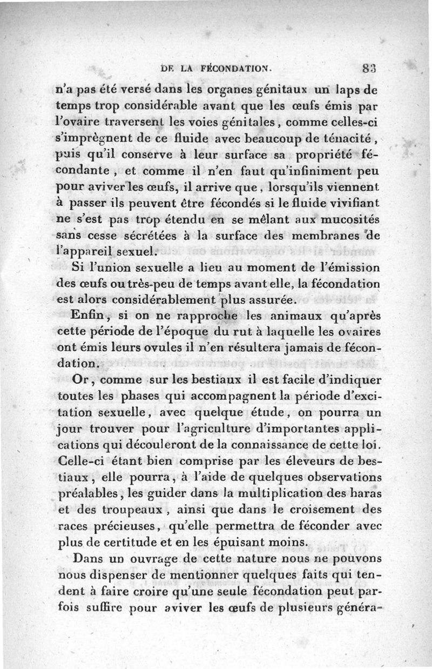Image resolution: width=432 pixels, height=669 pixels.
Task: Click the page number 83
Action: pyautogui.click(x=368, y=69)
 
